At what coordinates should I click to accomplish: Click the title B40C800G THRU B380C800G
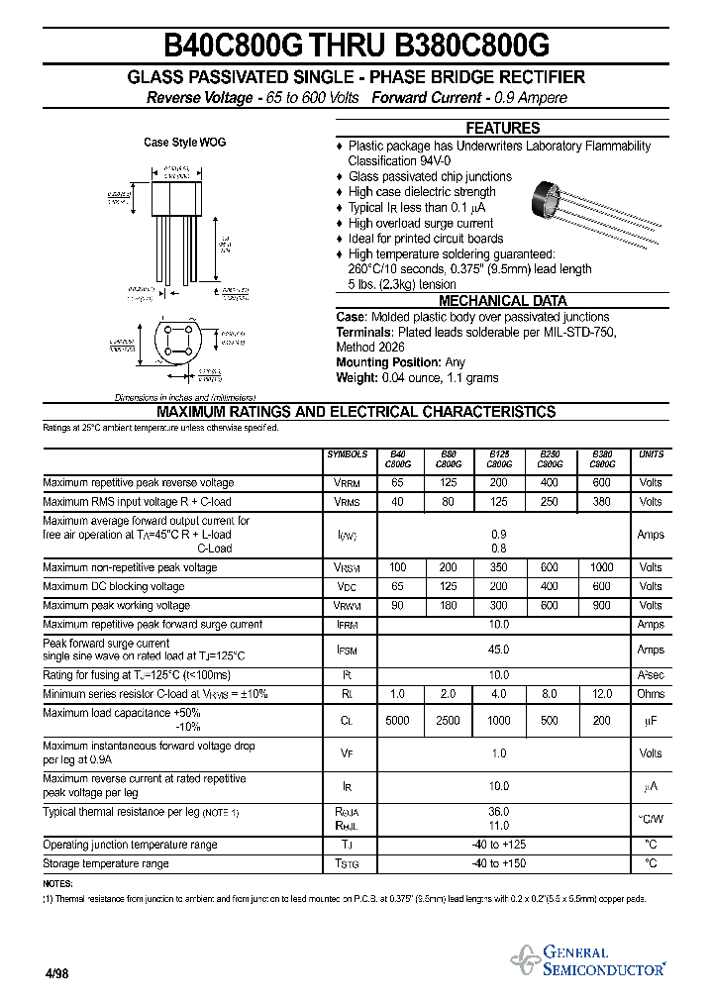point(356,46)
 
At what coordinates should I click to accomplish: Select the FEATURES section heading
point(503,129)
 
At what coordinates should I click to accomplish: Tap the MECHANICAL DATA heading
point(503,301)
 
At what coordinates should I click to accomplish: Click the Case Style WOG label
point(184,143)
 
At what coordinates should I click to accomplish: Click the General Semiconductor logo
point(588,960)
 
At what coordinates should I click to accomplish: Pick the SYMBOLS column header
point(347,454)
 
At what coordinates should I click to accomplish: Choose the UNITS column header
point(651,454)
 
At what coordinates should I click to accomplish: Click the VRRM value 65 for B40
point(397,483)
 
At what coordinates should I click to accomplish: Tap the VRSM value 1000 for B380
point(601,568)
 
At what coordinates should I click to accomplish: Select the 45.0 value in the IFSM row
point(499,651)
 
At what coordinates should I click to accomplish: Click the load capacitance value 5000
point(397,721)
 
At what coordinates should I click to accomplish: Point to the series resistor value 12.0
point(601,694)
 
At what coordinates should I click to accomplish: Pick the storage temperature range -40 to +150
point(499,864)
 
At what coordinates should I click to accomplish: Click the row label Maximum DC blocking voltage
point(114,587)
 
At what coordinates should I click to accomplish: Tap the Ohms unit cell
point(651,694)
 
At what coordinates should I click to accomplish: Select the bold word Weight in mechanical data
point(356,378)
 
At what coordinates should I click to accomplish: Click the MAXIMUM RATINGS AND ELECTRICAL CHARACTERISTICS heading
point(356,412)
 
